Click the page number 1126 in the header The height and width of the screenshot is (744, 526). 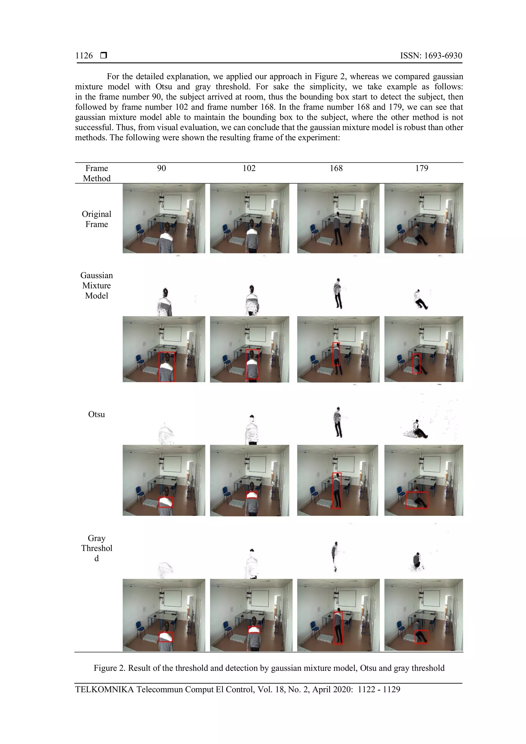coord(84,56)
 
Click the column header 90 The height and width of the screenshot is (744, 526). coord(161,168)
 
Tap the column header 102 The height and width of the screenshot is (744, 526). coord(249,168)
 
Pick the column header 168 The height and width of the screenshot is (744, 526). coord(336,168)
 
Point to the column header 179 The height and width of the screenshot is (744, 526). coord(422,168)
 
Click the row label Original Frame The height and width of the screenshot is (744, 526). coord(97,219)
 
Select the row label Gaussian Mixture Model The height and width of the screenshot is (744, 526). coord(97,285)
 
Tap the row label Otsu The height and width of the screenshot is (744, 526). coord(97,414)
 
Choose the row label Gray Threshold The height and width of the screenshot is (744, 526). coord(97,548)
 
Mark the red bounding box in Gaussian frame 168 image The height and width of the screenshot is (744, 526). coord(336,354)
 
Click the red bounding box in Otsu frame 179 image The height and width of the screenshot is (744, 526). coord(417,500)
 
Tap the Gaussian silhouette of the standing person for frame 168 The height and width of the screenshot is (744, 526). coord(337,293)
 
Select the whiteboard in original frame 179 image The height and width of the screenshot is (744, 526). coord(432,202)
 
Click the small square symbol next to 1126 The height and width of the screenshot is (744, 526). coord(104,55)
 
